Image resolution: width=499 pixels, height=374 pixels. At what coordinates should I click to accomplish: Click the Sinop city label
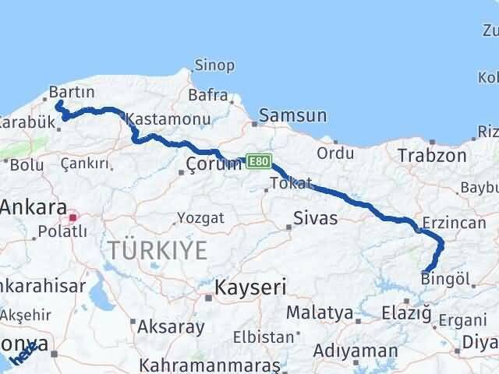point(214,65)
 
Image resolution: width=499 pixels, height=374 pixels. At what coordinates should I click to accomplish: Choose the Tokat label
point(290,184)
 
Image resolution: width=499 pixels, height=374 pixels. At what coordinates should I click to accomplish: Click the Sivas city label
point(316,217)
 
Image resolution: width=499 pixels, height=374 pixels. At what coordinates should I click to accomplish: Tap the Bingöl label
point(447,277)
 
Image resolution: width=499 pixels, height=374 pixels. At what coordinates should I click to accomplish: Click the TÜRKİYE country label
point(158,250)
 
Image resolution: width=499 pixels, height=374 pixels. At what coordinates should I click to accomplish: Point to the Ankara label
point(33,208)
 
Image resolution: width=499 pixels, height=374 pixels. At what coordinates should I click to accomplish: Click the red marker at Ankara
point(73,218)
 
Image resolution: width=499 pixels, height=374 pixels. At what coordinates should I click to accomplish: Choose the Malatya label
point(320,313)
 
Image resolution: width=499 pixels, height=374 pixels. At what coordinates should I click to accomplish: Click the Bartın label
point(65,92)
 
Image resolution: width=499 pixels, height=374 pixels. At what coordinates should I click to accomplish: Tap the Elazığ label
point(406,313)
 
